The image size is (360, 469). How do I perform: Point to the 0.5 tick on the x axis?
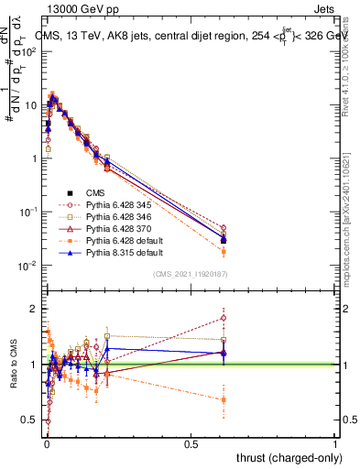coord(191,444)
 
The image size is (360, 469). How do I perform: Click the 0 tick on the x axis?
coord(48,444)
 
